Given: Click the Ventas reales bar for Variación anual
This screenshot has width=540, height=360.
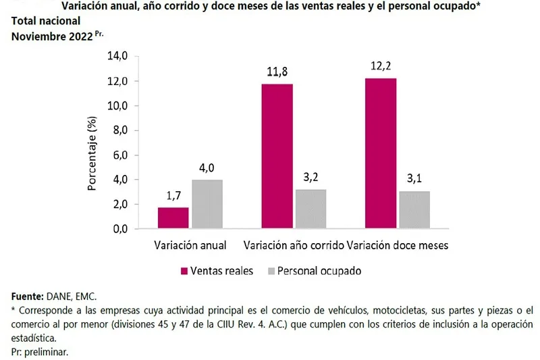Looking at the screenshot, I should click(173, 217).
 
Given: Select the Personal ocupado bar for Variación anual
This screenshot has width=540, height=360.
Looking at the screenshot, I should click(207, 204).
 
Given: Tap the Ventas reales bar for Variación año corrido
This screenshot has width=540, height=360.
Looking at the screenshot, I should click(277, 156).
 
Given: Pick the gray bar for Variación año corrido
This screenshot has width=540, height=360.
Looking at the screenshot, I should click(310, 209).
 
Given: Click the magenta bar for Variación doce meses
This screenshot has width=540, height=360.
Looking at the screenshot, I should click(381, 153).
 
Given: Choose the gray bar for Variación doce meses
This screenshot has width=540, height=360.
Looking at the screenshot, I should click(414, 209).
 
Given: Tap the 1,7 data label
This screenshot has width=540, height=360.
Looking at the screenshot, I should click(173, 196).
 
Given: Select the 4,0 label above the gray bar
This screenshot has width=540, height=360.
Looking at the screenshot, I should click(207, 168).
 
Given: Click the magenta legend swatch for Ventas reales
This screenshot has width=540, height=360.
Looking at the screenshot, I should click(183, 271).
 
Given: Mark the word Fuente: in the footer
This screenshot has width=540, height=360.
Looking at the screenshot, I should click(28, 297).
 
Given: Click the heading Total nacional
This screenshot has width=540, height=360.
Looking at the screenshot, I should click(47, 22).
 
